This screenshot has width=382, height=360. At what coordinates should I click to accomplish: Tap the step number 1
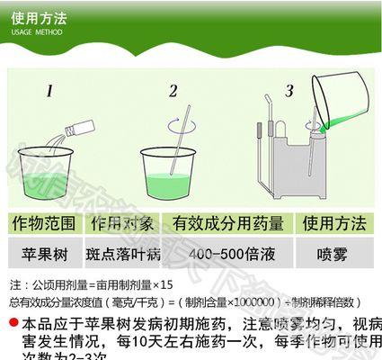[x=51, y=90]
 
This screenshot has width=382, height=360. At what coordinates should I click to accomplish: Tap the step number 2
[x=173, y=90]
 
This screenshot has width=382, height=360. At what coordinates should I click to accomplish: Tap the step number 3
[x=289, y=90]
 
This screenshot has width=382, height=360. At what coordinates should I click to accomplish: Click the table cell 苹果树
[x=41, y=251]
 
